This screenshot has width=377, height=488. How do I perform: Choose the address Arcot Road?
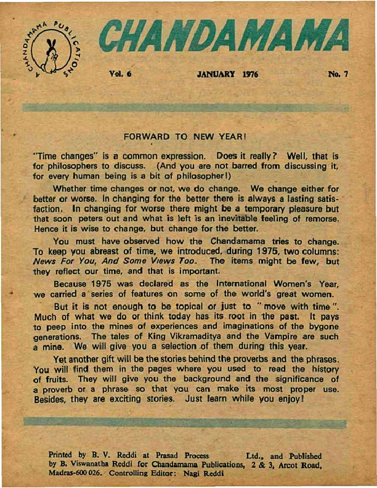pos(300,465)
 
